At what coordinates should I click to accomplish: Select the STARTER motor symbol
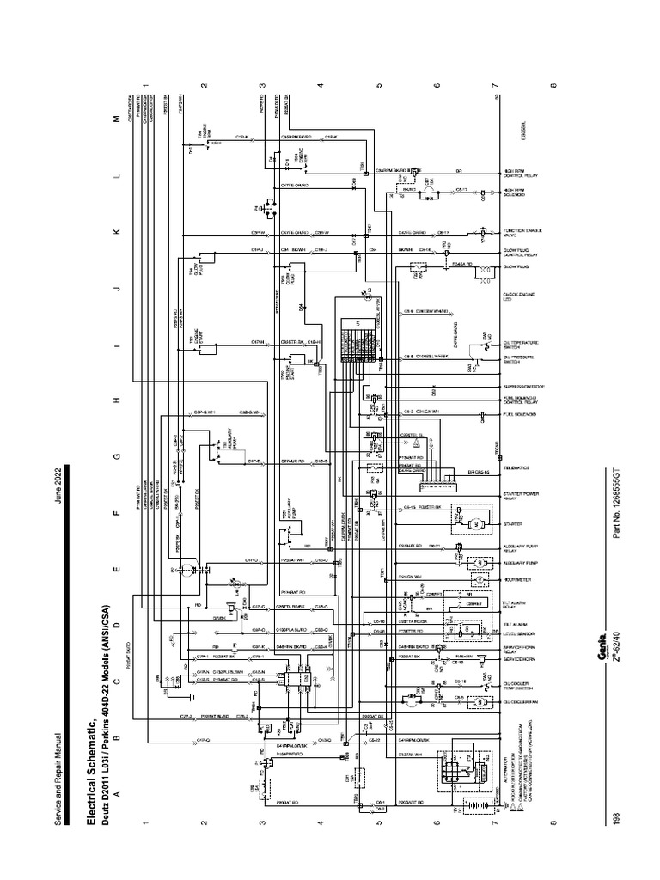472,523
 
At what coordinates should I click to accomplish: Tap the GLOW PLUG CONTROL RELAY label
516,256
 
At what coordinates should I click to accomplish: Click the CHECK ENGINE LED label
516,298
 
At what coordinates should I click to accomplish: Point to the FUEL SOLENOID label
515,415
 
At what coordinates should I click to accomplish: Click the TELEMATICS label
515,470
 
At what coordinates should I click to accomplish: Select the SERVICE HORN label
515,663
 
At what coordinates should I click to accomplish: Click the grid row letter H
118,401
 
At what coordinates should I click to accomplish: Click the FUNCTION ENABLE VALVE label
516,232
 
